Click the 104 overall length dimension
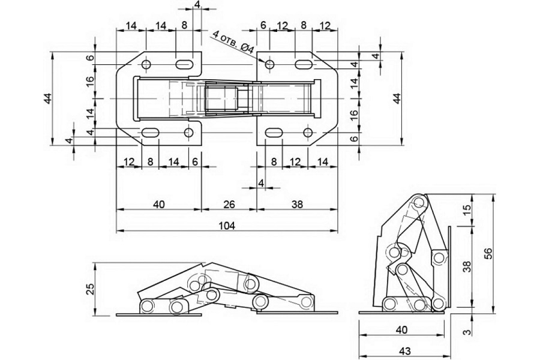click(x=227, y=226)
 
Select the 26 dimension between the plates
click(x=229, y=204)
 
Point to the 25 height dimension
click(x=89, y=289)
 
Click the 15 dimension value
click(x=466, y=210)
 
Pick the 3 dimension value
click(x=467, y=332)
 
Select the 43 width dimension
click(x=404, y=351)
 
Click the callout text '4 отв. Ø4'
click(x=233, y=41)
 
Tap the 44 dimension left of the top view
click(x=48, y=98)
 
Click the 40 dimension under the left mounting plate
click(x=158, y=204)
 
